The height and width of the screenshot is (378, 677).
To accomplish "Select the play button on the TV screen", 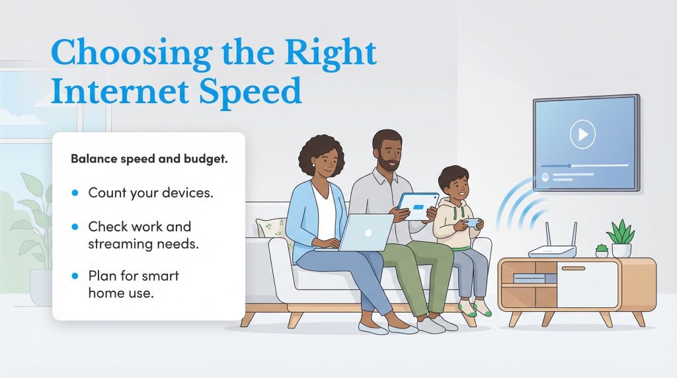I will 582,135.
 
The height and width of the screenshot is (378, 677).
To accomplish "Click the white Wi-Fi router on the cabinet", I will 552,250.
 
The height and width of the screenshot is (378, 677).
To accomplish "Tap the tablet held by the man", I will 417,208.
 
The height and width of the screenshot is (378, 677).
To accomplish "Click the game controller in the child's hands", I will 471,223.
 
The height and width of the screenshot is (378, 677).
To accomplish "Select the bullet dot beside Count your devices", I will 75,192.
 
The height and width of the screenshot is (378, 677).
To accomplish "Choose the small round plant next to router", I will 602,250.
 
